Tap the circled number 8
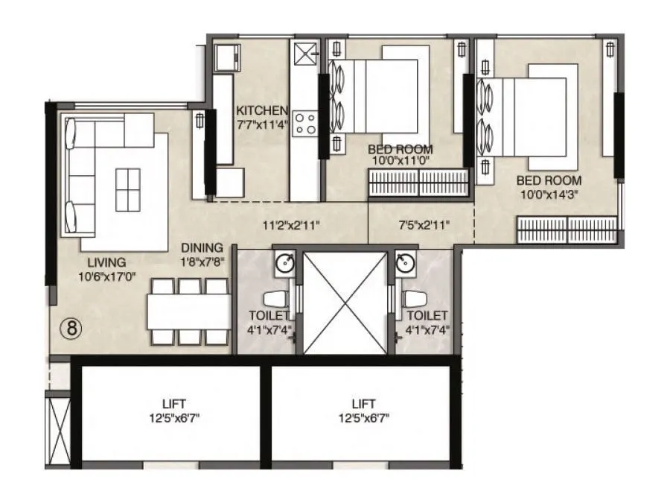pyautogui.click(x=70, y=329)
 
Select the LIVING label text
pyautogui.click(x=106, y=262)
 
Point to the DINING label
pyautogui.click(x=201, y=247)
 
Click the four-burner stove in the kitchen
pyautogui.click(x=304, y=123)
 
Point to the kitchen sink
pyautogui.click(x=304, y=54)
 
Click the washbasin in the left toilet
pyautogui.click(x=284, y=263)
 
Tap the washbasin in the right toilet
pyautogui.click(x=406, y=263)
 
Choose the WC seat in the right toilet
pyautogui.click(x=414, y=299)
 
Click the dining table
pyautogui.click(x=188, y=311)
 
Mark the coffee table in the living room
pyautogui.click(x=127, y=189)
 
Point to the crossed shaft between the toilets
pyautogui.click(x=345, y=303)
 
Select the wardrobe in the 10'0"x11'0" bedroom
pyautogui.click(x=418, y=183)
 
